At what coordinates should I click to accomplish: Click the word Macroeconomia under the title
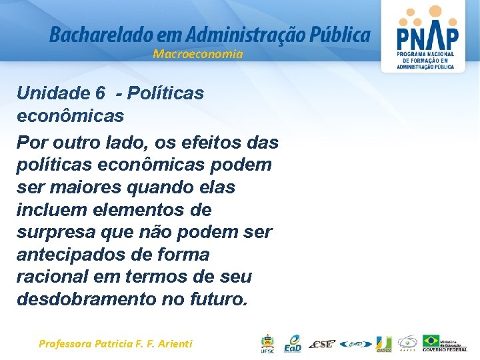(x=198, y=54)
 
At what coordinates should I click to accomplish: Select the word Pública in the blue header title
(x=339, y=34)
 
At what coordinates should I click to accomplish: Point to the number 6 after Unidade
(x=100, y=93)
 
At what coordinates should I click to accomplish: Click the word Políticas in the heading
(x=169, y=93)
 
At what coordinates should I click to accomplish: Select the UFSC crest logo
(x=266, y=343)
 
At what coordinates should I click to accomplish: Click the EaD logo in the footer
(x=292, y=343)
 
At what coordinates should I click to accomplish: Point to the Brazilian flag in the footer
(x=431, y=341)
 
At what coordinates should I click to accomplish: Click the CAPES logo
(x=407, y=343)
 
